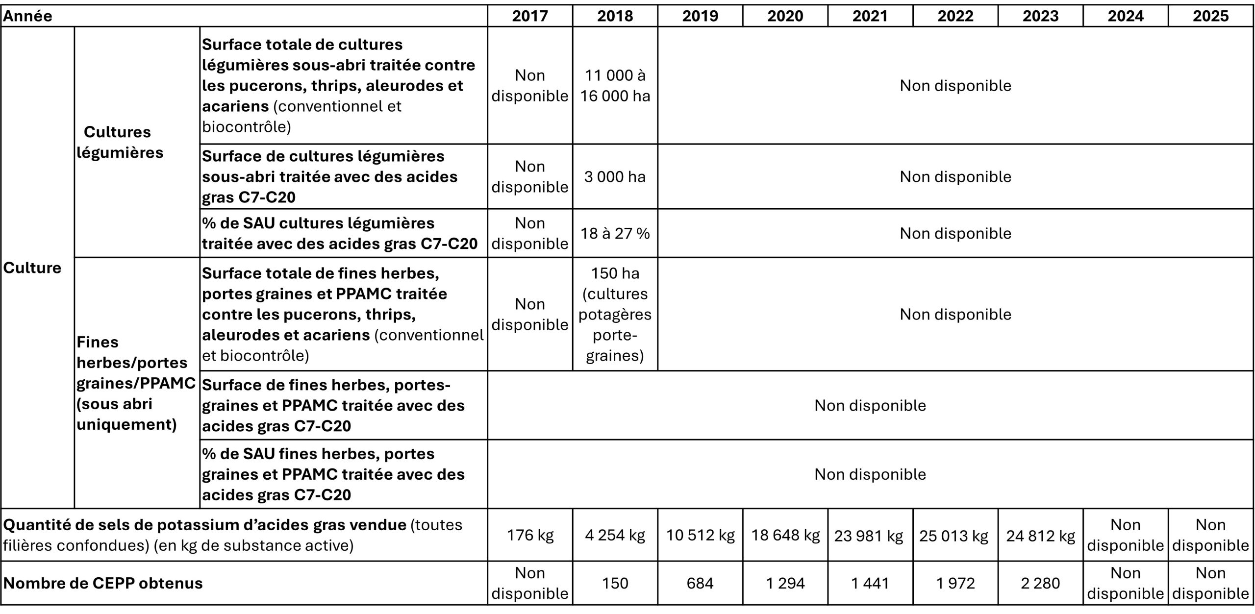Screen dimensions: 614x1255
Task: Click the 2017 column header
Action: coord(530,16)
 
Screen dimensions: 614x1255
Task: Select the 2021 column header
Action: coord(870,16)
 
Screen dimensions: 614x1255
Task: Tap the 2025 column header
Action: coord(1210,16)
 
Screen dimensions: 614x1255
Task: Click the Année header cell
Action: coord(28,16)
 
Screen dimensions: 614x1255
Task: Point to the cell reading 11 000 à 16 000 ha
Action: coord(615,85)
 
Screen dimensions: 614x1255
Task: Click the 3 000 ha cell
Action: coord(615,176)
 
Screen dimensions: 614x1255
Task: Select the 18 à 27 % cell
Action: coord(615,233)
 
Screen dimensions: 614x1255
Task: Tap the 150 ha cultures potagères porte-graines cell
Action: coord(615,314)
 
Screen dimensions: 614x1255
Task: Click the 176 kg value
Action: coord(530,535)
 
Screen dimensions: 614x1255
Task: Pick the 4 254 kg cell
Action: coord(615,535)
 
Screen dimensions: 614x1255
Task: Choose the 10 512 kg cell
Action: coord(700,535)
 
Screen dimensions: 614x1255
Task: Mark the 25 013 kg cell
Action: coord(955,535)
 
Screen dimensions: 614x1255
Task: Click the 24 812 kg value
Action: coord(1040,535)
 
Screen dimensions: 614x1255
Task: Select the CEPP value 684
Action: coord(700,583)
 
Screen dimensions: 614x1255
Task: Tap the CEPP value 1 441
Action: coord(870,583)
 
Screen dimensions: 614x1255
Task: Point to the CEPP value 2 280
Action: coord(1040,583)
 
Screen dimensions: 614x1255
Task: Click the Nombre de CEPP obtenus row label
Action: coord(103,583)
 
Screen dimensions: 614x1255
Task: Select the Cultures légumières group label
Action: coord(120,142)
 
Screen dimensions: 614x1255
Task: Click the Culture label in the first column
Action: coord(32,268)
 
